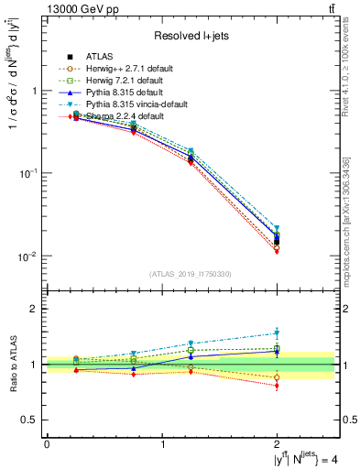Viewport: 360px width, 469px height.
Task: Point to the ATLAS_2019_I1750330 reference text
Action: click(x=191, y=274)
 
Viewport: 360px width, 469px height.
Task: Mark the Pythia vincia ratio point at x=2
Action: click(x=278, y=333)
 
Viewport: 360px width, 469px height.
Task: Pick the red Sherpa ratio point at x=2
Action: click(x=278, y=386)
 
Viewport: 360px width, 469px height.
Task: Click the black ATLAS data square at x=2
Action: click(x=278, y=242)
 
